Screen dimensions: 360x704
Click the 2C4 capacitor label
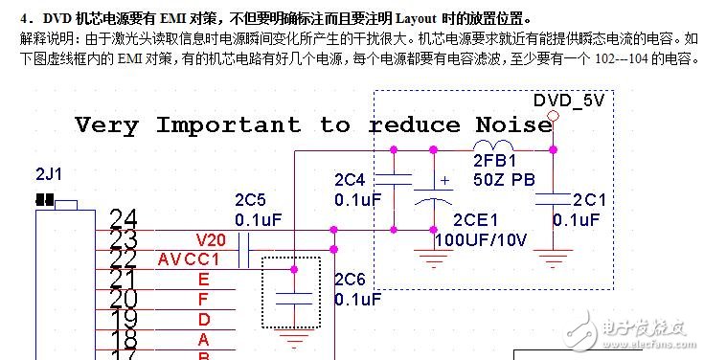351,179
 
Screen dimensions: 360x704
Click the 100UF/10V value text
480,239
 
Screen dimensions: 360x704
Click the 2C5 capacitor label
251,200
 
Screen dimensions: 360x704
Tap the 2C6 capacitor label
351,280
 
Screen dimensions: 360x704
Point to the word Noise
513,125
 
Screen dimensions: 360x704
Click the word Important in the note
228,125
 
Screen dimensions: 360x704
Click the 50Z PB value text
504,179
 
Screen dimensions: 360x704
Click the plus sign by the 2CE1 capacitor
443,180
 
